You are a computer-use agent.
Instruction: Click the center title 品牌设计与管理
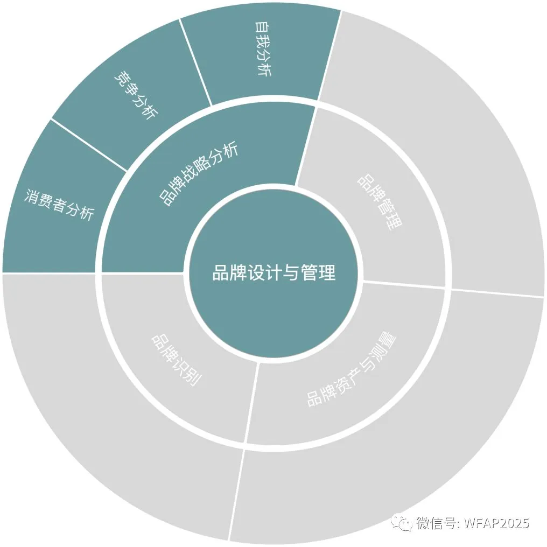click(273, 272)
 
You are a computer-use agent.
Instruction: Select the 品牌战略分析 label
click(199, 175)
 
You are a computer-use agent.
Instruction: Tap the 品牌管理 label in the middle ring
click(380, 202)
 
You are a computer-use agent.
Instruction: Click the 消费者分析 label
click(59, 204)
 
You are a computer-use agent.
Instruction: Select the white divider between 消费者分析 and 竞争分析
click(89, 145)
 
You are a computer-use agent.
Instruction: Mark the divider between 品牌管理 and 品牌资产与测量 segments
click(404, 285)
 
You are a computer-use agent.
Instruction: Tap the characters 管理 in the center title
click(318, 272)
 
